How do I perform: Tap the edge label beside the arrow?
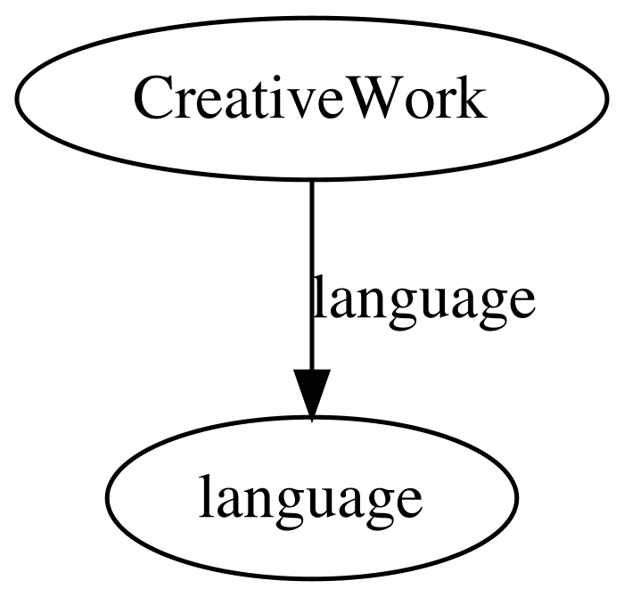(424, 302)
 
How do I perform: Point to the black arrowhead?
(312, 395)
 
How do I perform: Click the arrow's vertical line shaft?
(312, 275)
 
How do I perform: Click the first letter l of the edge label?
(320, 296)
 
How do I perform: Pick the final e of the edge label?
(521, 304)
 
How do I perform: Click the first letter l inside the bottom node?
(206, 495)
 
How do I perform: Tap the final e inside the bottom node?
(408, 503)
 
